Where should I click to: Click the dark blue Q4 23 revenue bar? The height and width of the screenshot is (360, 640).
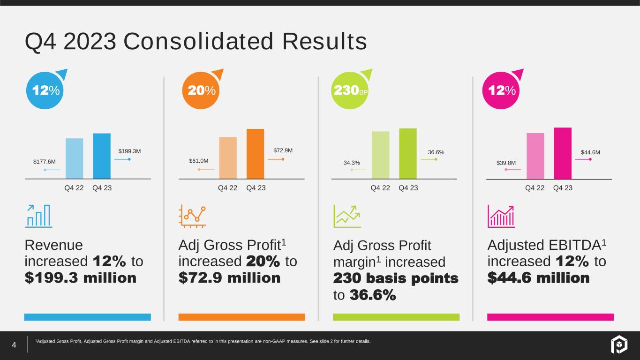(x=102, y=156)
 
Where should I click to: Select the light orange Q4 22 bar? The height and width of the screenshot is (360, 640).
(x=228, y=158)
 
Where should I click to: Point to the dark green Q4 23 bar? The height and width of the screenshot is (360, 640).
(x=408, y=154)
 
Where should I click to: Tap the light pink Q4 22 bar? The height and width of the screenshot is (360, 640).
(x=535, y=156)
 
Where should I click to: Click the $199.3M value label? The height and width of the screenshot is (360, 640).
(x=129, y=151)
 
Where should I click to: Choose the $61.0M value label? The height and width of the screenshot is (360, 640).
(x=199, y=161)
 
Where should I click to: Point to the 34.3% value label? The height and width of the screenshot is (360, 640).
(x=352, y=163)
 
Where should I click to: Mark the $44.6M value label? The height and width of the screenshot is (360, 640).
(x=590, y=152)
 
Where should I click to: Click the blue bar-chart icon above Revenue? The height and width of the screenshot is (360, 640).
(x=38, y=216)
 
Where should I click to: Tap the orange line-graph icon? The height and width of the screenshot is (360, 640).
(x=192, y=216)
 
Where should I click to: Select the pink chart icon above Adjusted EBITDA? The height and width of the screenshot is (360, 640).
(x=501, y=216)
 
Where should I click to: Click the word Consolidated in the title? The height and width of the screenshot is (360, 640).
(x=198, y=41)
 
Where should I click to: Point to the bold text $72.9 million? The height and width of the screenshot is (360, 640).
(x=229, y=277)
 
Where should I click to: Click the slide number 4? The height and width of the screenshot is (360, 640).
(x=14, y=345)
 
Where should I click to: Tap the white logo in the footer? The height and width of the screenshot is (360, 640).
(x=619, y=344)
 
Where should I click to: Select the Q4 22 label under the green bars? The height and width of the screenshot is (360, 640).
(x=380, y=188)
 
